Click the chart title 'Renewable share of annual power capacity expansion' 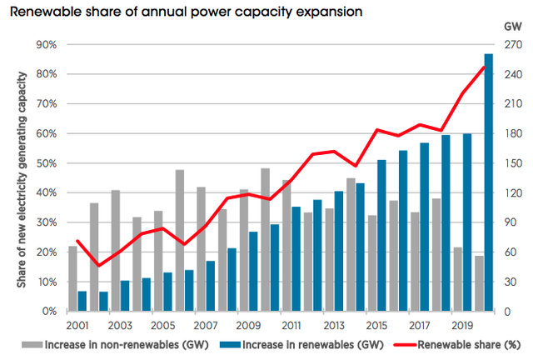click(186, 12)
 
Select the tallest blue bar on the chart click(489, 182)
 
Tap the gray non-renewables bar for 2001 click(72, 278)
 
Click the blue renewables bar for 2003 click(125, 296)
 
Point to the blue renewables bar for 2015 click(381, 236)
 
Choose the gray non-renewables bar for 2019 click(458, 279)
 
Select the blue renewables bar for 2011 click(296, 259)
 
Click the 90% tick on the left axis click(47, 45)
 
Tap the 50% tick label click(47, 163)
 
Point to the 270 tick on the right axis click(513, 45)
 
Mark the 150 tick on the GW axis click(513, 163)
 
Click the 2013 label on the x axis click(334, 326)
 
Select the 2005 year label click(163, 326)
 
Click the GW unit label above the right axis click(513, 27)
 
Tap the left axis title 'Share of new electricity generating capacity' click(22, 180)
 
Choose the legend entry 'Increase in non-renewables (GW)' click(116, 345)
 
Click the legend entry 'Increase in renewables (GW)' click(301, 345)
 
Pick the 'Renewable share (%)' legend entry click(457, 345)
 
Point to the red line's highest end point click(484, 67)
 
